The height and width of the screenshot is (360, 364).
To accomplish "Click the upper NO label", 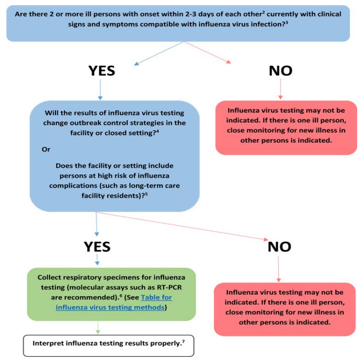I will [x=280, y=71].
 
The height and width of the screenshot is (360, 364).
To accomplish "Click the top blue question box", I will [x=182, y=22].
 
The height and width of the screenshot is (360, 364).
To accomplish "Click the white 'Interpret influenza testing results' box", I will [x=108, y=345].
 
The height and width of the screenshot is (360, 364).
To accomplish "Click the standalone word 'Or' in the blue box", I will [x=46, y=148].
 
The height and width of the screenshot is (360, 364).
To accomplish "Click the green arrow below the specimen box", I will [x=97, y=327].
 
